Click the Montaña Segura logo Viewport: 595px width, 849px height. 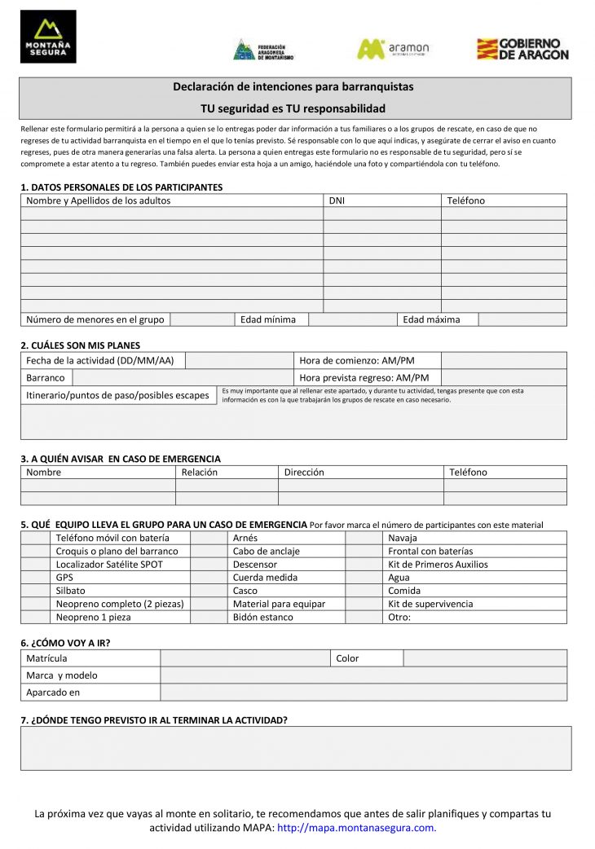coord(48,37)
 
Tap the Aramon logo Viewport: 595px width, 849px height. coord(393,49)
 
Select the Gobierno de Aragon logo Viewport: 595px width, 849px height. coord(522,49)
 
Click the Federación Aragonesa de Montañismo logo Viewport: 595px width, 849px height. coord(263,50)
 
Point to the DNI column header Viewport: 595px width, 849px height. coord(337,200)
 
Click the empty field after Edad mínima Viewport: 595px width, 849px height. coord(352,319)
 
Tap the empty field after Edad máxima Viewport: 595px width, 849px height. coord(522,319)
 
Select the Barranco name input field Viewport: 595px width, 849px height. coord(183,377)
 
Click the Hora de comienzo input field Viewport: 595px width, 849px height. coord(503,360)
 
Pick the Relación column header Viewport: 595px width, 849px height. coord(200,472)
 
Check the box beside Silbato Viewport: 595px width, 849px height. coord(35,591)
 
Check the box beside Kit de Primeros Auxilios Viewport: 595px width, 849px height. coord(364,564)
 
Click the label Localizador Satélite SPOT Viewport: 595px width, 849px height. coord(109,564)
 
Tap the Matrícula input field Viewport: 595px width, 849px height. coord(245,658)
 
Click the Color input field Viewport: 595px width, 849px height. coord(485,658)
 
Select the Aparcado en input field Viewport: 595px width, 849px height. coord(363,693)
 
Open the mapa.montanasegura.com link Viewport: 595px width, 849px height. coord(356,828)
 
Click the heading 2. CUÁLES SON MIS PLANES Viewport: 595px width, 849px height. coord(80,345)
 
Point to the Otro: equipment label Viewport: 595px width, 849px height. coord(399,617)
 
